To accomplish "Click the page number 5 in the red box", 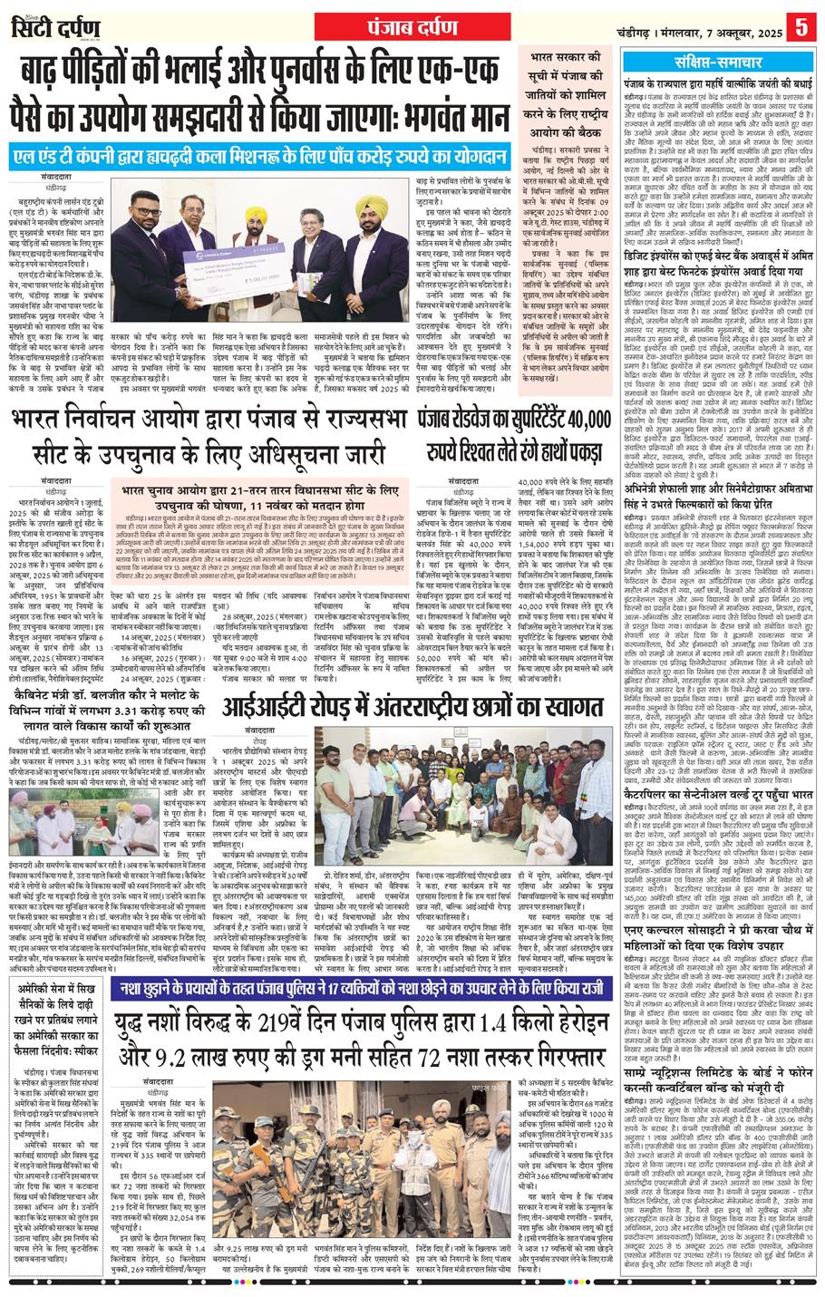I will point(801,24).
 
